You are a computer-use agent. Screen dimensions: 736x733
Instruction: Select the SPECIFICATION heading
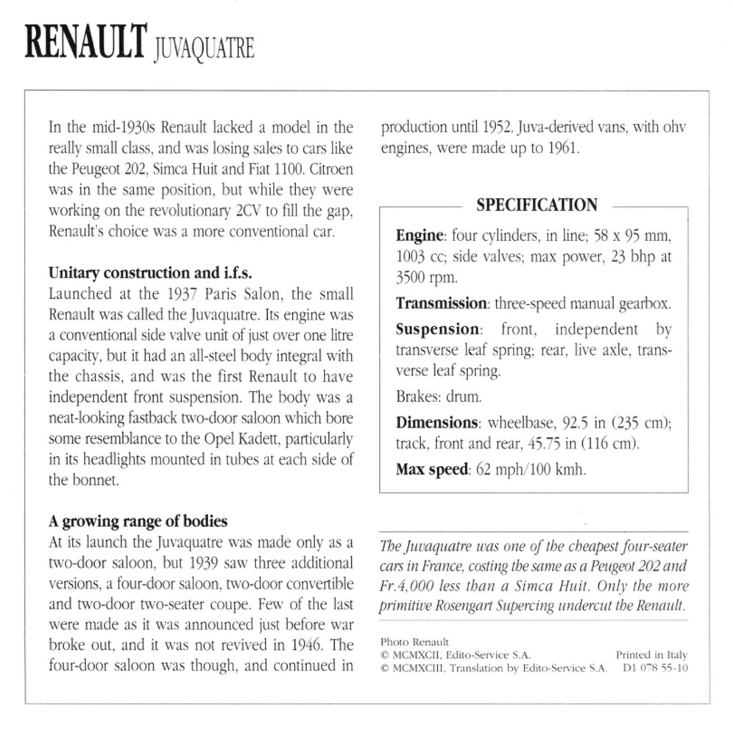pyautogui.click(x=537, y=205)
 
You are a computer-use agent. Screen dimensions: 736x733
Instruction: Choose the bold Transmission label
pyautogui.click(x=442, y=302)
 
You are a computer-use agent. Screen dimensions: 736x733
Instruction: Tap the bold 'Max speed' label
pyautogui.click(x=431, y=469)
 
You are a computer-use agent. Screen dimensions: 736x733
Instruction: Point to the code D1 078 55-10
pyautogui.click(x=655, y=668)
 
